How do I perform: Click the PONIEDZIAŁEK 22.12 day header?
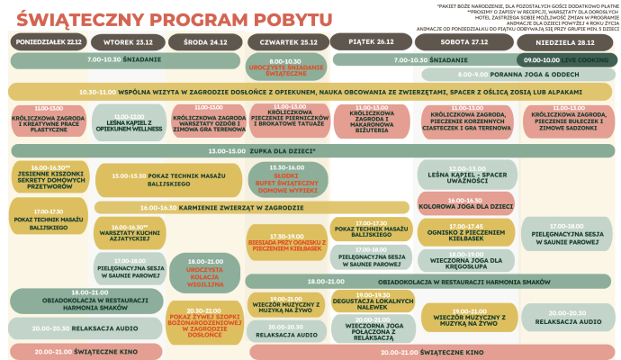coord(49,42)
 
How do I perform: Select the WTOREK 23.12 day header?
coord(128,42)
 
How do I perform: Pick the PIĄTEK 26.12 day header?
coord(371,42)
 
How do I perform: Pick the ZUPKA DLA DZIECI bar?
coord(310,150)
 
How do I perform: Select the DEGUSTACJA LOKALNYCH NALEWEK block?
coord(373,301)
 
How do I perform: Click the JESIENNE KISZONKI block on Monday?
coord(49,176)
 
